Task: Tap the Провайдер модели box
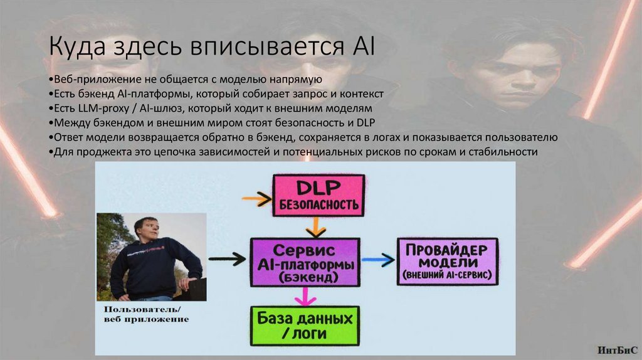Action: [x=446, y=262]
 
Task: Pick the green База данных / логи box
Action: [x=306, y=325]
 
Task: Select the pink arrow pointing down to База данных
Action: [x=306, y=295]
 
